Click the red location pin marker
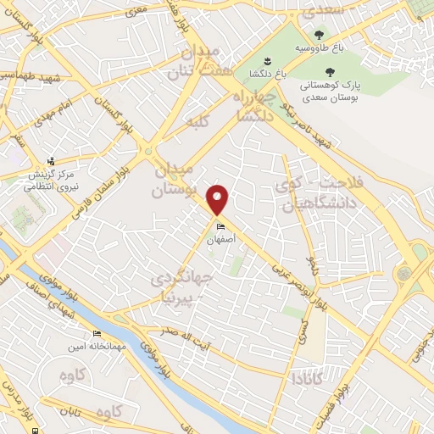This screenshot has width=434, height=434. pos(219,198)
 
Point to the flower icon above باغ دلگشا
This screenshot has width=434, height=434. pos(268,60)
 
